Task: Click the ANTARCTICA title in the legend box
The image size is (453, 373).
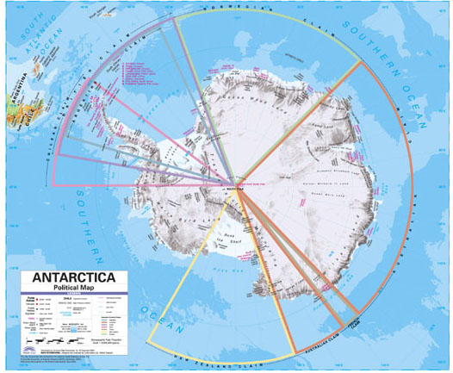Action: point(75,278)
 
